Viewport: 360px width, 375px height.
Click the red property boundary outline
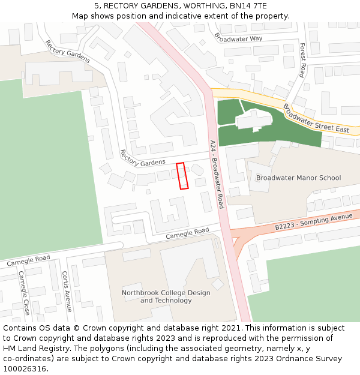pyautogui.click(x=182, y=176)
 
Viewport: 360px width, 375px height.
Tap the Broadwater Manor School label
pyautogui.click(x=298, y=178)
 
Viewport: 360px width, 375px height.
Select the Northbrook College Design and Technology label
pyautogui.click(x=166, y=296)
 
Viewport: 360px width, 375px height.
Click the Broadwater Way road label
pyautogui.click(x=238, y=38)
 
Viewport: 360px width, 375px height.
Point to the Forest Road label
pyautogui.click(x=302, y=59)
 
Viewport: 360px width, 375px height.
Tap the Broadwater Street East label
pyautogui.click(x=316, y=118)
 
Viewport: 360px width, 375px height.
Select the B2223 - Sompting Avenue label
pyautogui.click(x=313, y=221)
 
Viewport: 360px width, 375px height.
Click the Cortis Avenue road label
pyautogui.click(x=66, y=291)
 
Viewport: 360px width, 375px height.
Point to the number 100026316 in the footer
pyautogui.click(x=25, y=368)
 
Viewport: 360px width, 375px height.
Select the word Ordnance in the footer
pyautogui.click(x=290, y=358)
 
